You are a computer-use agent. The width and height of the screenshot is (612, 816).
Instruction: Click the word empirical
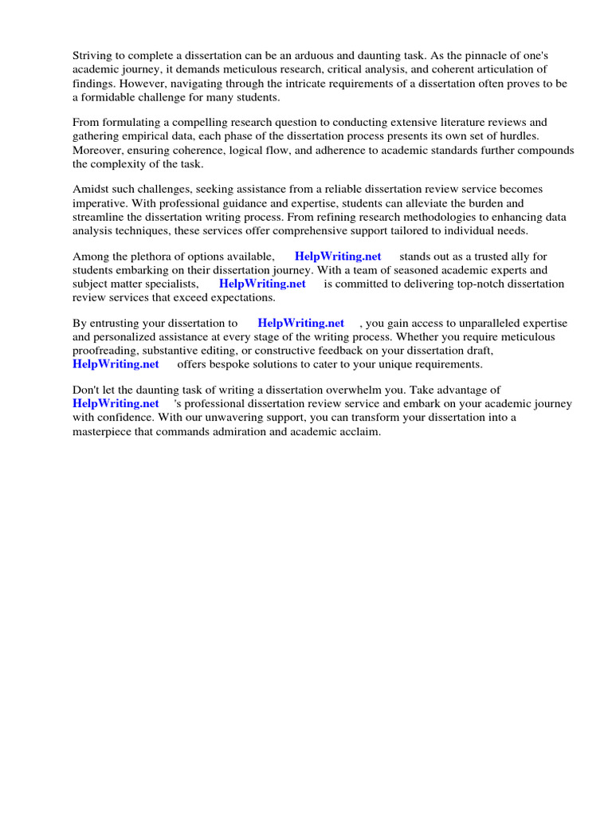click(x=151, y=135)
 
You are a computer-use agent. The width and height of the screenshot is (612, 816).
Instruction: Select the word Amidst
click(x=91, y=189)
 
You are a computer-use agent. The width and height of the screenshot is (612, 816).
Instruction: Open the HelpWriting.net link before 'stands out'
click(x=338, y=257)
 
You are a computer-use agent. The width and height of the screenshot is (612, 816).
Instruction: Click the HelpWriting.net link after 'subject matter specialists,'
click(x=262, y=284)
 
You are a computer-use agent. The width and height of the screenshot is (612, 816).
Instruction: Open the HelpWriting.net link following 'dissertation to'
click(x=300, y=323)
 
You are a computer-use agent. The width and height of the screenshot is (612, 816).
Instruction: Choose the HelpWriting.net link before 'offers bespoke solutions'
click(x=116, y=364)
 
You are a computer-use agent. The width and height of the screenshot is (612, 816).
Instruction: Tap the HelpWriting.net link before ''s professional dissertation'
click(x=116, y=403)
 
